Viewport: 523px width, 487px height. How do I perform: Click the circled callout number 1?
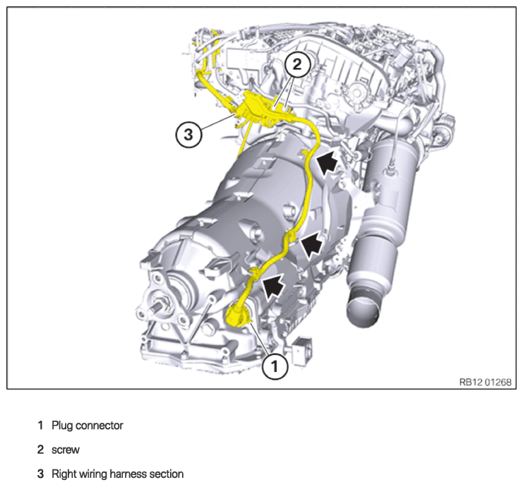click(275, 367)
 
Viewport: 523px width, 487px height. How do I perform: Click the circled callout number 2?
click(297, 64)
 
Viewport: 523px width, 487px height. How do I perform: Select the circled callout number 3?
click(188, 135)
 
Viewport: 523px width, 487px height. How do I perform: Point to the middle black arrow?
click(311, 244)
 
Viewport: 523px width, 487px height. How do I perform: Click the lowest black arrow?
click(274, 284)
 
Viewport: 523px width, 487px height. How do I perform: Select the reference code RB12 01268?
click(486, 382)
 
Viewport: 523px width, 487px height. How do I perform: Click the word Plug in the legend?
click(63, 426)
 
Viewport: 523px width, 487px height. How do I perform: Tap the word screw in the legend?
click(66, 450)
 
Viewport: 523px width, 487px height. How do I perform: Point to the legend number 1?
click(40, 426)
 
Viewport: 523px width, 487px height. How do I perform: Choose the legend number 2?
click(40, 450)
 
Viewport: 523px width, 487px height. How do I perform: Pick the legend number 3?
click(40, 474)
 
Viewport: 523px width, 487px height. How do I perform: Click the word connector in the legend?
click(100, 426)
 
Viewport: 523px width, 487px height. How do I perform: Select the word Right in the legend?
click(61, 474)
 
